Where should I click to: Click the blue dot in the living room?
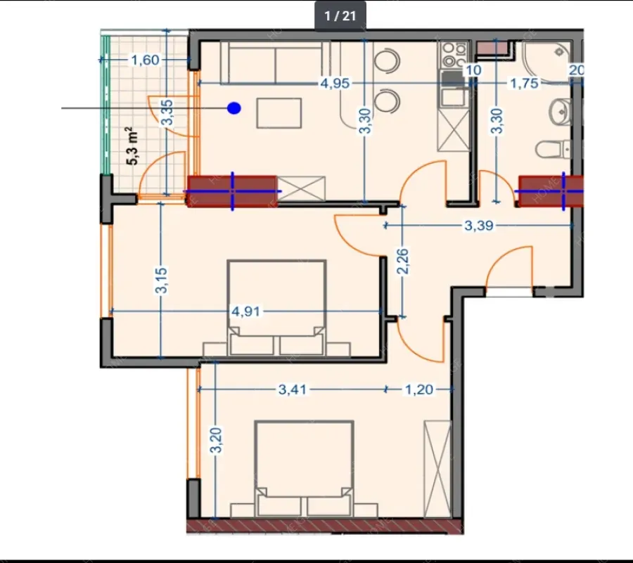coord(234,108)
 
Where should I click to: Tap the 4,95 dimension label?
coord(335,83)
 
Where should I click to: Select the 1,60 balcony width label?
coord(146,60)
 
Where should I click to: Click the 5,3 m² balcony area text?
coord(132,145)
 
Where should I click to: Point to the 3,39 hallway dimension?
coord(479,226)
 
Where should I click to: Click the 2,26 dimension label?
coord(402,261)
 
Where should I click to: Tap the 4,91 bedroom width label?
coord(246,311)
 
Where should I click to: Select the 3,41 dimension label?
coord(293,389)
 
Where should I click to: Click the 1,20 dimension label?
coord(419,389)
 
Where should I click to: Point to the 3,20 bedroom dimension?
coord(217,441)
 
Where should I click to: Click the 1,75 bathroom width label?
coord(525,83)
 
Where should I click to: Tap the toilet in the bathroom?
coord(553,149)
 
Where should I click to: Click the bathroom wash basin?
coord(560,110)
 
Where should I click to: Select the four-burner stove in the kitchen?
coord(454,56)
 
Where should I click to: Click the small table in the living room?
coord(279,113)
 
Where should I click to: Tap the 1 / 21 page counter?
coord(340,15)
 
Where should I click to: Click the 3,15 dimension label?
coord(161,280)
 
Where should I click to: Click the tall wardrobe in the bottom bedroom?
coord(437,469)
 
